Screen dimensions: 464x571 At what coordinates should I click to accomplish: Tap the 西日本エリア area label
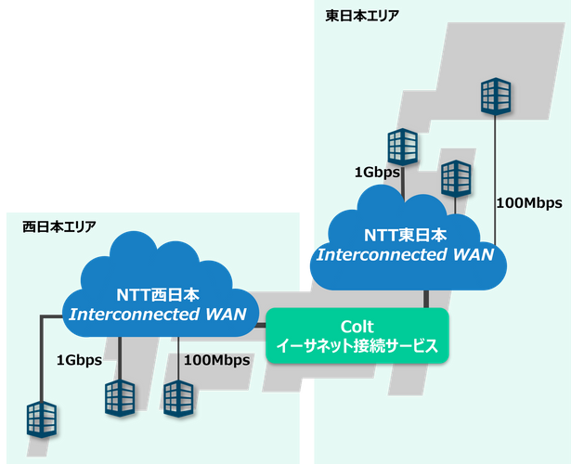(x=58, y=226)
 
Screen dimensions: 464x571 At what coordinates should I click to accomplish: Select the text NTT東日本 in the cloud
(x=405, y=235)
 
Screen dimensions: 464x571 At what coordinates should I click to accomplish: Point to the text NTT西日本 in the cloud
(x=157, y=295)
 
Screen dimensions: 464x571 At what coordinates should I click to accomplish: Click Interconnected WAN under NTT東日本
(x=405, y=253)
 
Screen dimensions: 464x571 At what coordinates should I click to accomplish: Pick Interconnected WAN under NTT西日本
(x=157, y=315)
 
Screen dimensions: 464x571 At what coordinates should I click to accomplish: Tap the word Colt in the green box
(x=357, y=327)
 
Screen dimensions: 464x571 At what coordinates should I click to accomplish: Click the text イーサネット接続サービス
(x=357, y=347)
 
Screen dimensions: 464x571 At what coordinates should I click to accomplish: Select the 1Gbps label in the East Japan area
(x=376, y=172)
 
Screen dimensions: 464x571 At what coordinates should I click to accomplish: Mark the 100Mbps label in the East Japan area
(x=529, y=202)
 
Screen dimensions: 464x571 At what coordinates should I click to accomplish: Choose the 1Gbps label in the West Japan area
(x=79, y=360)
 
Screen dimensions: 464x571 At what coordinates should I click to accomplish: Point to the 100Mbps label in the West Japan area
(x=217, y=360)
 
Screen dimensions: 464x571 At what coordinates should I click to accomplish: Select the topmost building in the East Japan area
(x=495, y=96)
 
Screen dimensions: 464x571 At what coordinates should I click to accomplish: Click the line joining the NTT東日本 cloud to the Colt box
(x=426, y=299)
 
